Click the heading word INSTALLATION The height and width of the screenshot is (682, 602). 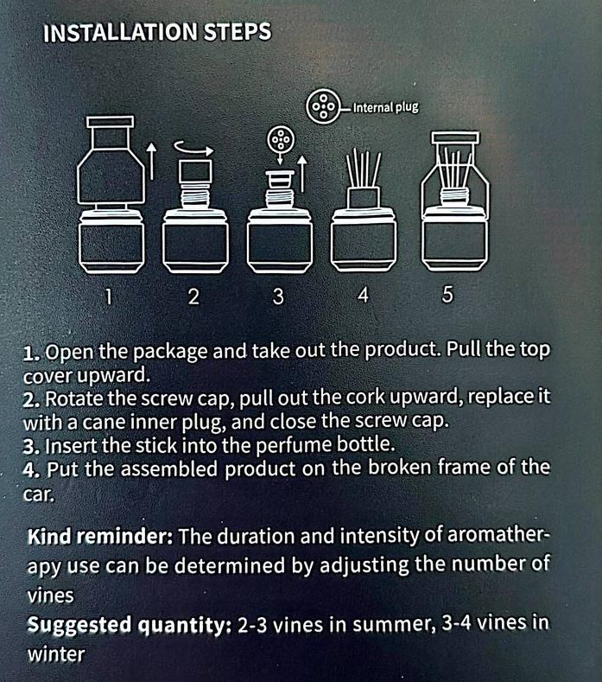tap(120, 33)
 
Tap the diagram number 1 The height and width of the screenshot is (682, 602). tap(109, 297)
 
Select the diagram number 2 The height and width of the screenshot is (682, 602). tap(193, 297)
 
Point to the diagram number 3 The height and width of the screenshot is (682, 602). tap(278, 296)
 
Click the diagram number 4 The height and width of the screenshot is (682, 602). tap(363, 296)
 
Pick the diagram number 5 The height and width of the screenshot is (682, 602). tap(447, 295)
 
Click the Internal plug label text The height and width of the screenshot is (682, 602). tap(385, 107)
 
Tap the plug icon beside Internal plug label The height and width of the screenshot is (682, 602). tap(323, 106)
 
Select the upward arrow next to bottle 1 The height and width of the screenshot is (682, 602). tap(151, 161)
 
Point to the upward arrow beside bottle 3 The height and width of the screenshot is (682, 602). tap(302, 173)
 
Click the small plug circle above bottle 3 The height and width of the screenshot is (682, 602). tap(281, 140)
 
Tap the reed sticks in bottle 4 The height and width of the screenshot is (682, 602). tap(364, 169)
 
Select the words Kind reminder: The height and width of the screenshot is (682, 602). tap(100, 537)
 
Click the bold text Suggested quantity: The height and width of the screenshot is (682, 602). tap(129, 625)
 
